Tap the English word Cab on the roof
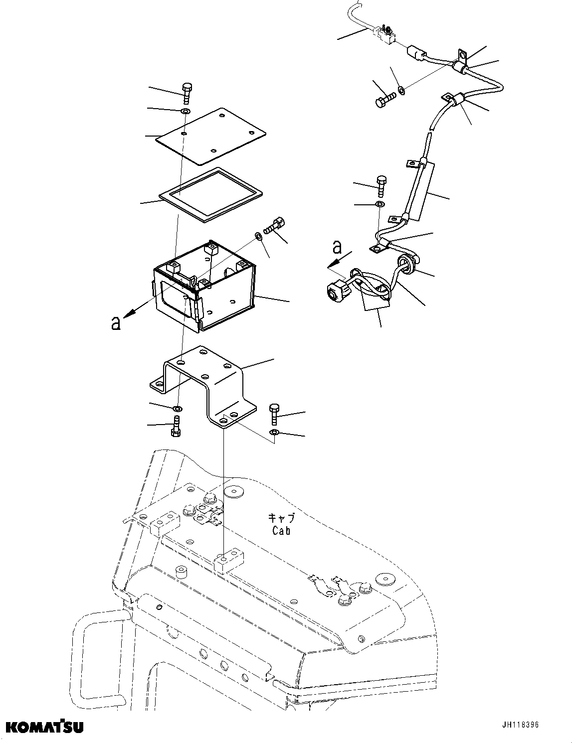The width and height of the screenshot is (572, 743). coord(281,530)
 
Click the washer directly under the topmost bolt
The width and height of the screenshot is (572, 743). coord(185,111)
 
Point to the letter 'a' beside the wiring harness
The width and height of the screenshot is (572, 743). coord(338,247)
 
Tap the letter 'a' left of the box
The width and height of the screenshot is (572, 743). coord(116,323)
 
